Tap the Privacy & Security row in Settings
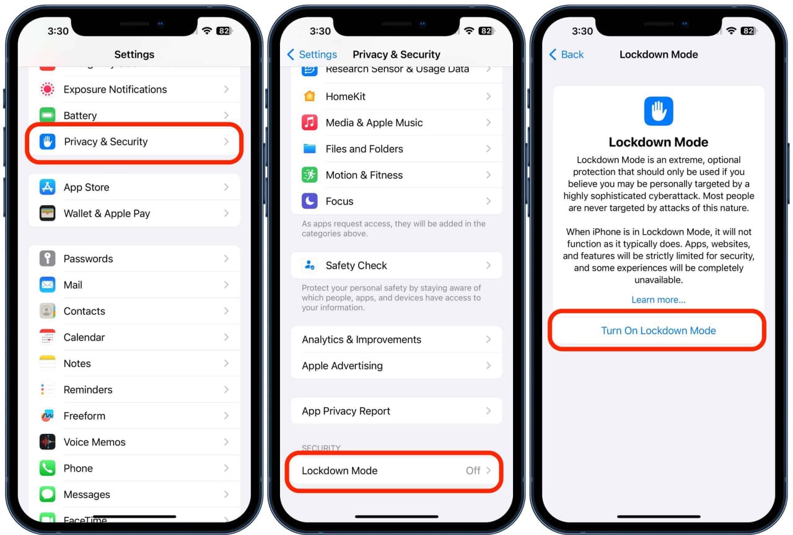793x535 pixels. click(134, 142)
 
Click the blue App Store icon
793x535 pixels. click(47, 187)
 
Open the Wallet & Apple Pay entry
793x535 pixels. click(134, 213)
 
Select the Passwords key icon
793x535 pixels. click(47, 259)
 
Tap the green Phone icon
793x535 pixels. click(47, 468)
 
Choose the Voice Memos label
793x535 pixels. click(95, 442)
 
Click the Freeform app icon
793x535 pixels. click(47, 415)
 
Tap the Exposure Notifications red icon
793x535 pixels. click(47, 89)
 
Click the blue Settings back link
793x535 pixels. click(312, 55)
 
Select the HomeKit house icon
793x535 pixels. click(309, 96)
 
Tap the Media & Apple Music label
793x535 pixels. click(374, 123)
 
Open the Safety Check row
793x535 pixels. click(396, 265)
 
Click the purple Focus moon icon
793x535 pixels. click(309, 201)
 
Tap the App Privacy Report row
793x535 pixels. click(396, 411)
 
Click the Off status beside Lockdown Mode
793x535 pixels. click(473, 471)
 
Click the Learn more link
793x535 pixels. click(659, 300)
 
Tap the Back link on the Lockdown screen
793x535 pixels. click(566, 55)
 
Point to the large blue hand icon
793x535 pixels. click(659, 111)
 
